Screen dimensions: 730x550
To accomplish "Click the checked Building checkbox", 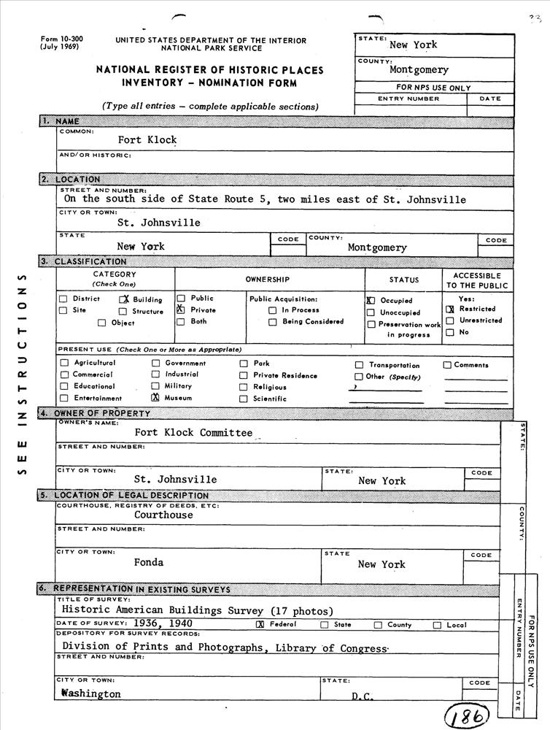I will [x=124, y=299].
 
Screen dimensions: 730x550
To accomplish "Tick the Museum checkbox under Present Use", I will [x=155, y=398].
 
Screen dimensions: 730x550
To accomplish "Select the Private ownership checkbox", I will [x=179, y=310].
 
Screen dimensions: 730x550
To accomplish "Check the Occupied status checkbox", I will [x=371, y=300].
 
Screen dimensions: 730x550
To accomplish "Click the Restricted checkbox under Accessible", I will [x=450, y=309].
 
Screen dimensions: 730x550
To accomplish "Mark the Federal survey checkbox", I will [x=260, y=625].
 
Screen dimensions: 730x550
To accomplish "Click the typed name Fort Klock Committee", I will [x=193, y=432].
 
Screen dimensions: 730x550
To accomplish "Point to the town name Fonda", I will [x=149, y=562].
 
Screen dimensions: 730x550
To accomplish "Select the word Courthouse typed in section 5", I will [x=163, y=515].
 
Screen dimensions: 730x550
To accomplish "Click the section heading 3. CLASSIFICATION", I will [x=83, y=261].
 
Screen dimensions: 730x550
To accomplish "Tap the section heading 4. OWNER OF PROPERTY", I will [x=96, y=413].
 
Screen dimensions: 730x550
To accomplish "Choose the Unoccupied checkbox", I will [x=371, y=312].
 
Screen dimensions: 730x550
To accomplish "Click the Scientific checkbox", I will [x=244, y=399].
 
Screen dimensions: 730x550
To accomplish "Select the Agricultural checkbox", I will [x=64, y=363].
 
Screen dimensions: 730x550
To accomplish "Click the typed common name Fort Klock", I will [x=147, y=139].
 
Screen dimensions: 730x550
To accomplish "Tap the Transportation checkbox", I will [x=359, y=365].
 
